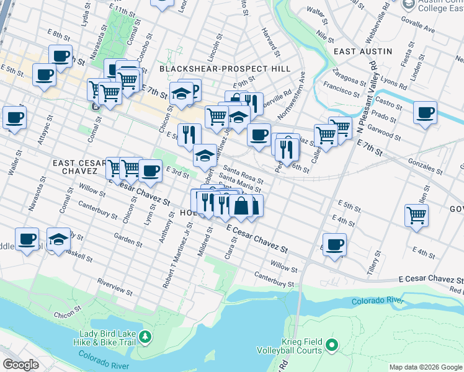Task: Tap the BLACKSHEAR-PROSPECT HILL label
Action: (x=225, y=69)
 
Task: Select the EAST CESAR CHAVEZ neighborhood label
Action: (x=75, y=167)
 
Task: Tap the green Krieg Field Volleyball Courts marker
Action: (x=332, y=344)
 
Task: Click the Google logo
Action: (x=20, y=365)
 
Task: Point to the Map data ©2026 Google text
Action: (x=425, y=367)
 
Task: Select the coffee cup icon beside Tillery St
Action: (x=335, y=244)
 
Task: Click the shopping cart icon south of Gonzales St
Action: (x=416, y=215)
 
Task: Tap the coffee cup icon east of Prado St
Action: (x=426, y=113)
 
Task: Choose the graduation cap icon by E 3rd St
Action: (x=205, y=155)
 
